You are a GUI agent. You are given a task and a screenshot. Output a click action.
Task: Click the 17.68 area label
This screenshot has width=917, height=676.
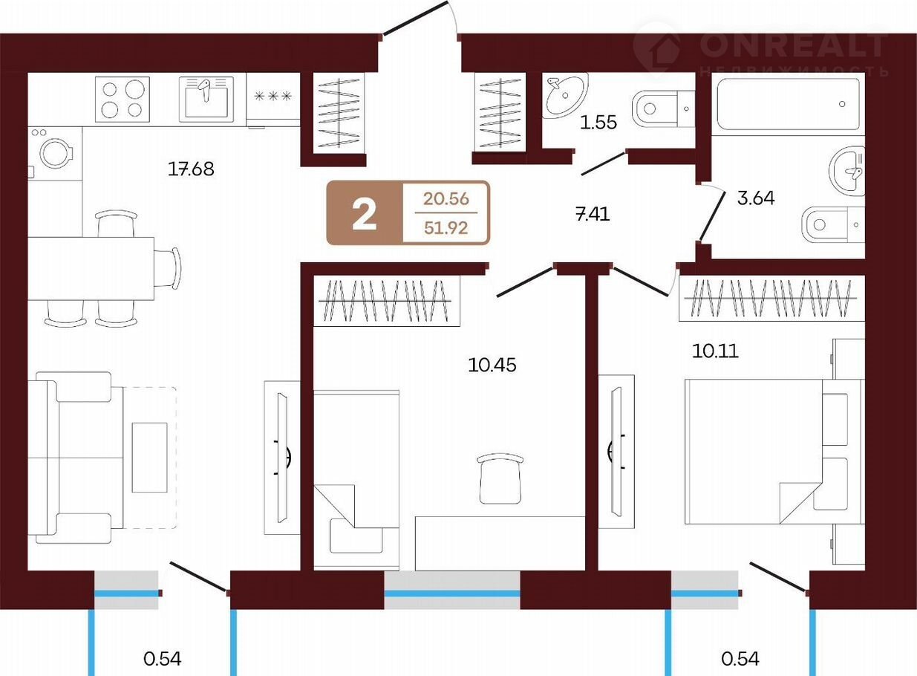pos(191,169)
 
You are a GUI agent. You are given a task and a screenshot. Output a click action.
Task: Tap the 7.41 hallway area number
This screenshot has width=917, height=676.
pos(593,214)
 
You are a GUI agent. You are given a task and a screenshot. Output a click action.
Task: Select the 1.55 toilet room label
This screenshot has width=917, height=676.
pos(598,123)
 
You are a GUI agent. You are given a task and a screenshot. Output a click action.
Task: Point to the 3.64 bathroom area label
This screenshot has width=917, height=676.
pos(756,198)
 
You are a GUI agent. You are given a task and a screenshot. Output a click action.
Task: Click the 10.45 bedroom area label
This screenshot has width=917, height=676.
pos(492,365)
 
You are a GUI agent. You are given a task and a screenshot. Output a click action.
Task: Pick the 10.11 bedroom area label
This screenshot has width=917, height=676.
pos(716,351)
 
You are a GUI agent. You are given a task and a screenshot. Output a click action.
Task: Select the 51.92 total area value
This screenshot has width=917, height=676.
pos(446,227)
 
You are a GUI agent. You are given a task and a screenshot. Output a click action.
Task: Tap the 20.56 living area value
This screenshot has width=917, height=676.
pos(446,198)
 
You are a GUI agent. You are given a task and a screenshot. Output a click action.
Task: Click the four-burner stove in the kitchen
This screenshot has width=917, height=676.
pos(123,100)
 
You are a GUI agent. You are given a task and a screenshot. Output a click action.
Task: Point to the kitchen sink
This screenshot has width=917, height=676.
pos(206,100)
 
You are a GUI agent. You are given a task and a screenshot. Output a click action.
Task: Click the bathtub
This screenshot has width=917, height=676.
pos(789,105)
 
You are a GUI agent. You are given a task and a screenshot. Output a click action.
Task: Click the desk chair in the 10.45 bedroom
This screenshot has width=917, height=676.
pos(500,478)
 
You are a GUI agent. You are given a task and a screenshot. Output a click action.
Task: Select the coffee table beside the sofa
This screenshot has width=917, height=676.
pos(149,458)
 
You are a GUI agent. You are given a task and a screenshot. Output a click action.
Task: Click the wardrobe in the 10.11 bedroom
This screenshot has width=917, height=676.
pos(771,298)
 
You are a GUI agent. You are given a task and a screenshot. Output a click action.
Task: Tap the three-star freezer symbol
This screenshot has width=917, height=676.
pos(273,97)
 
